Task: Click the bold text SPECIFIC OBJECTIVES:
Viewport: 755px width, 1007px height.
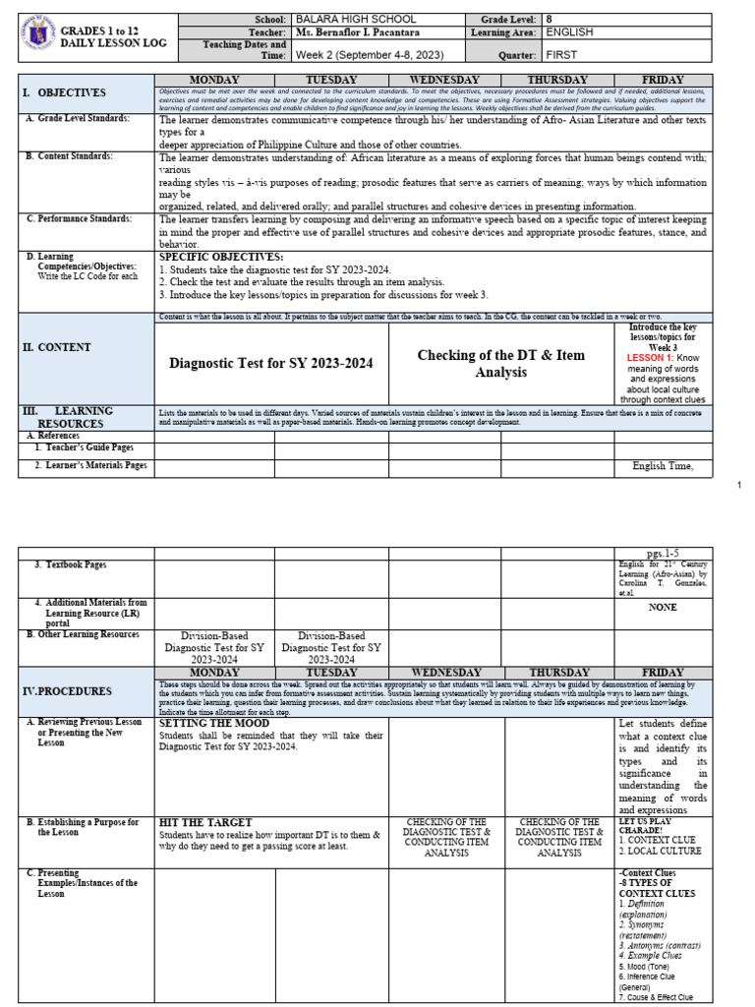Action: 220,257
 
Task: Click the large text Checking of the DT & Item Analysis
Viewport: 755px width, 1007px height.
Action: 500,363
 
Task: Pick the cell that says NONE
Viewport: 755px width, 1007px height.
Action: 663,608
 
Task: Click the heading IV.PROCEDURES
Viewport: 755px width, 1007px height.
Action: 68,691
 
